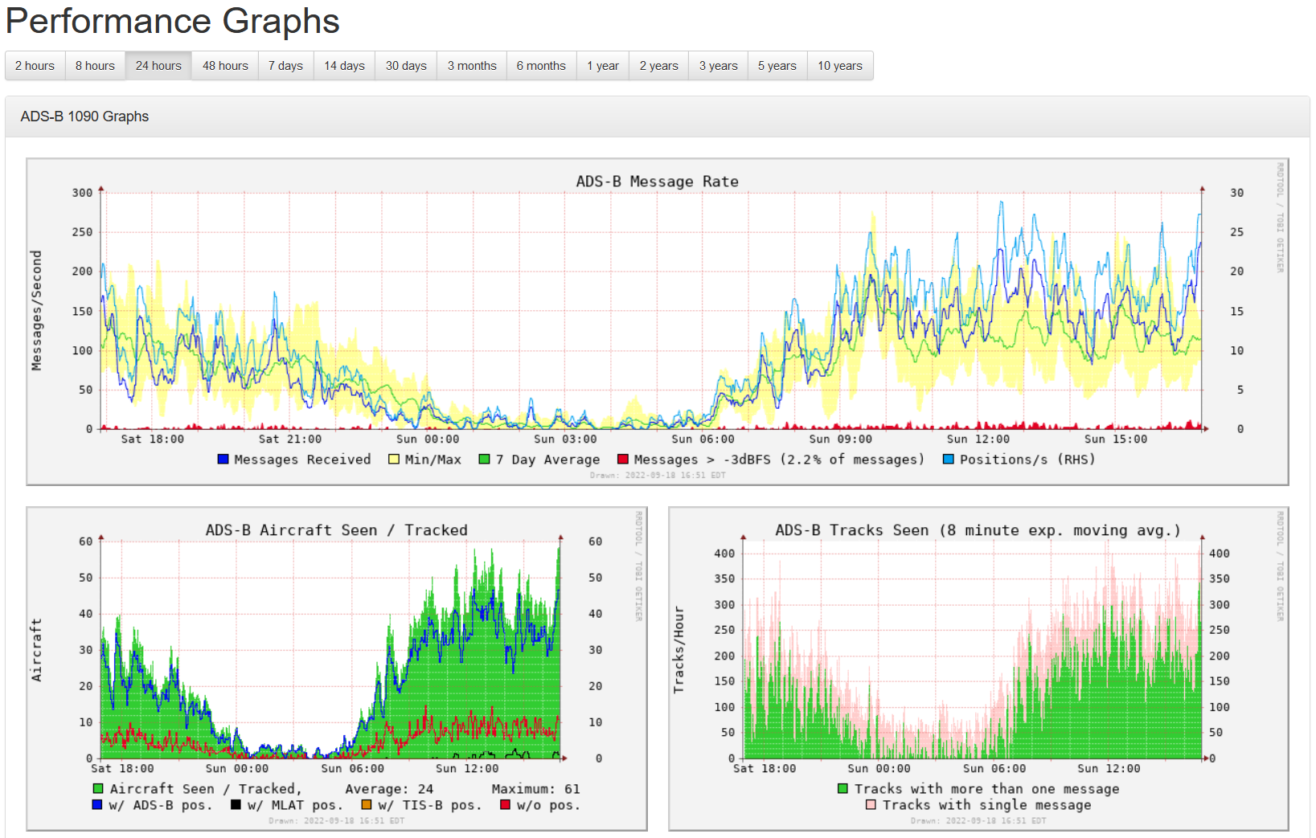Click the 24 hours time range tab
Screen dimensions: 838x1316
[158, 66]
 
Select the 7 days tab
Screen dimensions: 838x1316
[285, 66]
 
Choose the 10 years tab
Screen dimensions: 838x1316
[839, 66]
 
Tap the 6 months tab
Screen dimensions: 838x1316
[541, 66]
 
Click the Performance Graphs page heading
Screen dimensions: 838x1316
[172, 21]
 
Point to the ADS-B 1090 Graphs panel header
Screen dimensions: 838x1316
[84, 117]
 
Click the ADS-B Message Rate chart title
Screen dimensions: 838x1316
[657, 182]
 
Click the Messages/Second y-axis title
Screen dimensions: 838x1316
[36, 310]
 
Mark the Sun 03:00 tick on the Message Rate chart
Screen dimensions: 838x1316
[565, 439]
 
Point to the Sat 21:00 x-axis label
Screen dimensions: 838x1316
[290, 439]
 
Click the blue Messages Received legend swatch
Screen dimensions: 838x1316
[223, 460]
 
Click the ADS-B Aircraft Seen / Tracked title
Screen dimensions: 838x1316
[336, 530]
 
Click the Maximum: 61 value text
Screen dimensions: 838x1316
[535, 789]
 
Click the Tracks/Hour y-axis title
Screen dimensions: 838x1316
[679, 649]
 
